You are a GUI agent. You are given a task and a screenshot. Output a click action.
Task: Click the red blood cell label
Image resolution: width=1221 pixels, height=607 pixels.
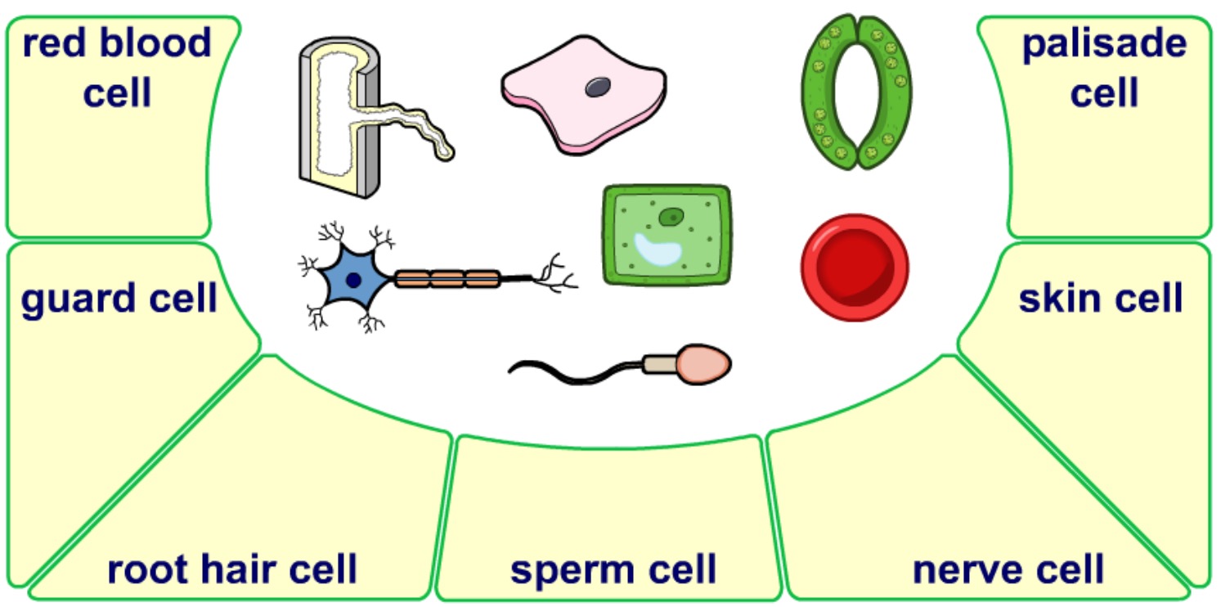[x=117, y=68]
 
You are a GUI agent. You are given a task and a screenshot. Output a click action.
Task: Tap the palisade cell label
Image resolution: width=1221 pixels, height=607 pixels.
[x=1104, y=68]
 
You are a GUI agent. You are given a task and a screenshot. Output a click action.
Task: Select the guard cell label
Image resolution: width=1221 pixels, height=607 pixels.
[x=119, y=299]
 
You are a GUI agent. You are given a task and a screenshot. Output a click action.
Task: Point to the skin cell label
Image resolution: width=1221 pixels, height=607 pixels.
[x=1100, y=299]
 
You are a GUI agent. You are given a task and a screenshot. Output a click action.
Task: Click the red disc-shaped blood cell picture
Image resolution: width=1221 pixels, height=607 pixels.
[x=854, y=268]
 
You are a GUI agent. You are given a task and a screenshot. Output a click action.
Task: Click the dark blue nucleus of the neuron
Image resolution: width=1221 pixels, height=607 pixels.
[x=353, y=279]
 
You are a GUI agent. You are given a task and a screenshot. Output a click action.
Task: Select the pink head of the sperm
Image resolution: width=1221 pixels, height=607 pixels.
[x=701, y=364]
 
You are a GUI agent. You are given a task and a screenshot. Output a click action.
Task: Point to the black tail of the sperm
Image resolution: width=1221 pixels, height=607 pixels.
[x=572, y=370]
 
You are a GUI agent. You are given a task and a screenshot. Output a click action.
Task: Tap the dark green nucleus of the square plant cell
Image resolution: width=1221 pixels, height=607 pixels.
[x=671, y=216]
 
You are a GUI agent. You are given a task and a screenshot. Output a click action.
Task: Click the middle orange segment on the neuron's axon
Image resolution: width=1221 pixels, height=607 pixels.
[x=447, y=279]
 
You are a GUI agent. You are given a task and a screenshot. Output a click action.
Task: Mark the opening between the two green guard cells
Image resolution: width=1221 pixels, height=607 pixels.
[x=855, y=90]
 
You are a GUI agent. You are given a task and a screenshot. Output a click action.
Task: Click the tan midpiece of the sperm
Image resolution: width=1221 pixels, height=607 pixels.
[x=658, y=364]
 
